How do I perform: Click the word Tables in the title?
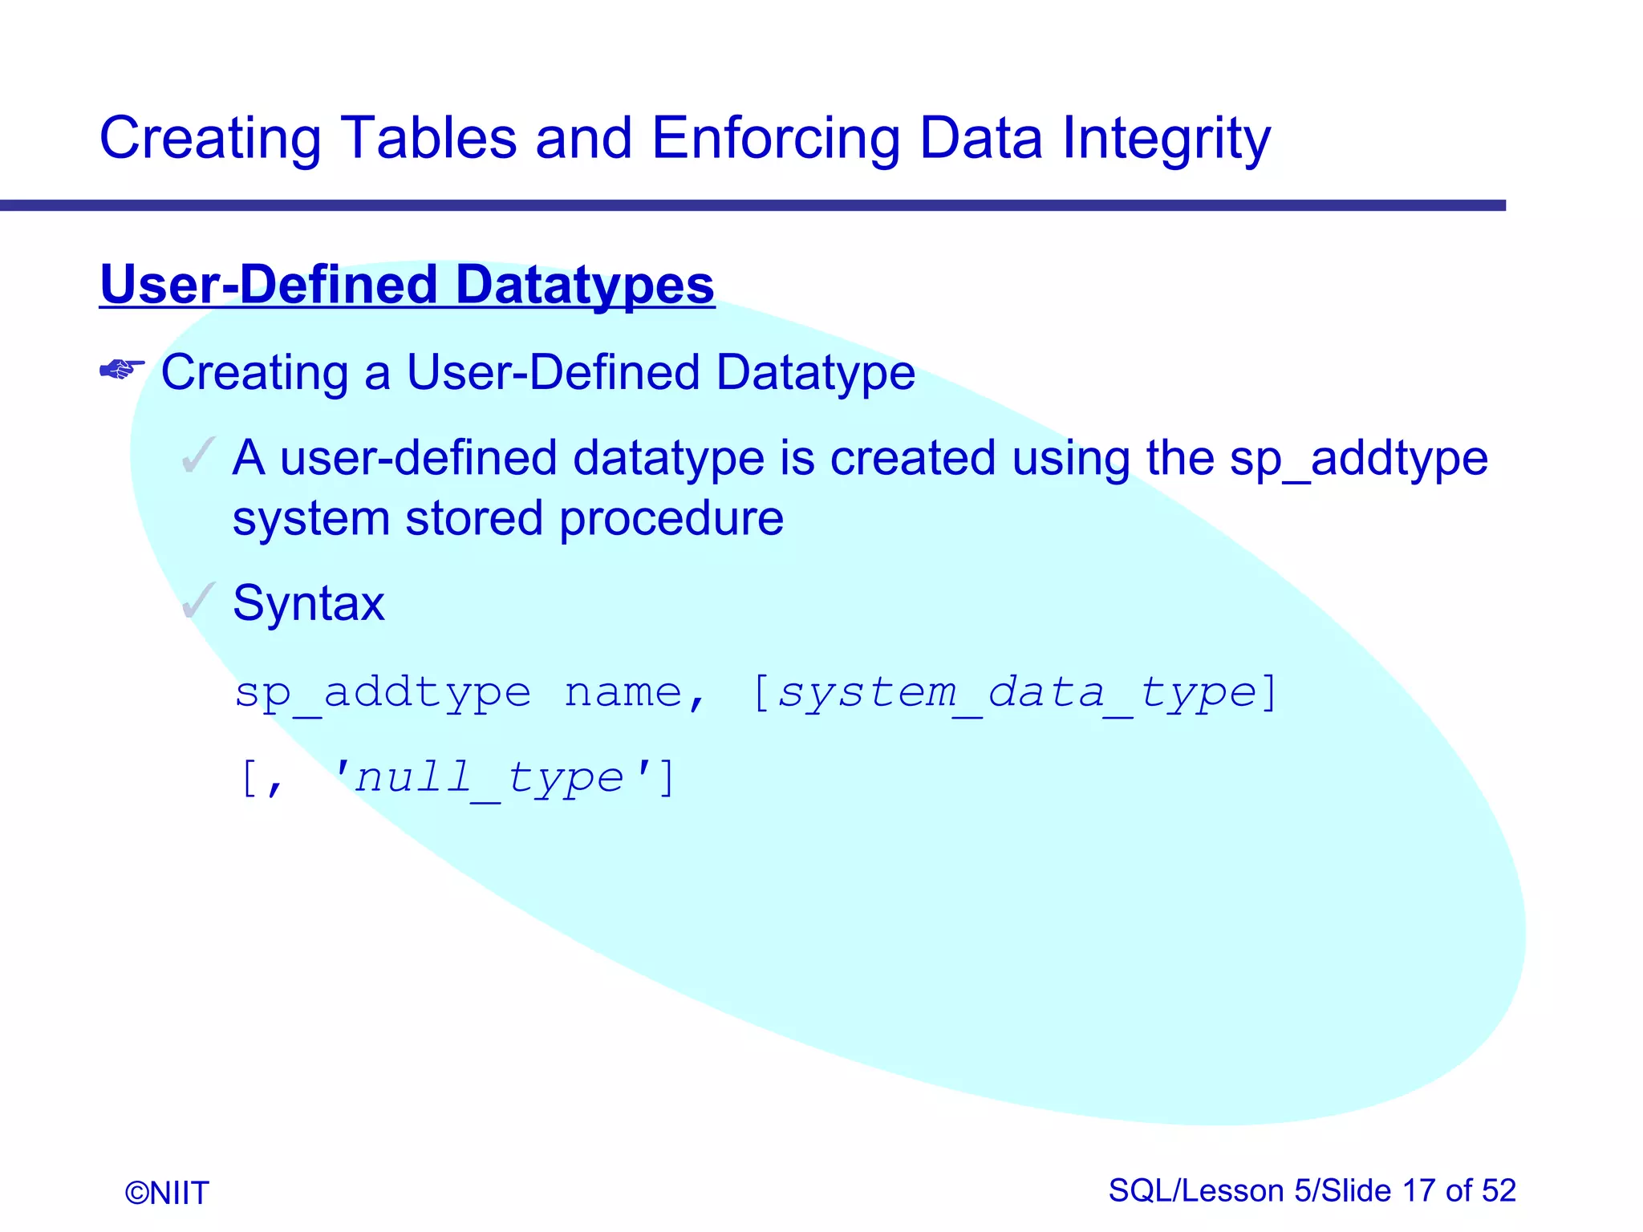(x=429, y=138)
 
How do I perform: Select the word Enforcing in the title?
(x=776, y=138)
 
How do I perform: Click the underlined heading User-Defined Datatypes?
(x=407, y=285)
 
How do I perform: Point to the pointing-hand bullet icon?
(x=122, y=370)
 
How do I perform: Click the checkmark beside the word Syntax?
(x=198, y=602)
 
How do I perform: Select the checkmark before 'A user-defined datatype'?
(x=198, y=456)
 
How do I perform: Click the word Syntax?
(x=309, y=603)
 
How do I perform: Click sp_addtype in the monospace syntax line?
(x=383, y=692)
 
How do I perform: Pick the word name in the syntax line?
(x=623, y=692)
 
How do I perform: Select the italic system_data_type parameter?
(x=1016, y=692)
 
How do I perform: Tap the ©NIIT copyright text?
(x=167, y=1193)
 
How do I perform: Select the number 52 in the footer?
(x=1499, y=1190)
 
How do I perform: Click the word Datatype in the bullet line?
(x=816, y=373)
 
